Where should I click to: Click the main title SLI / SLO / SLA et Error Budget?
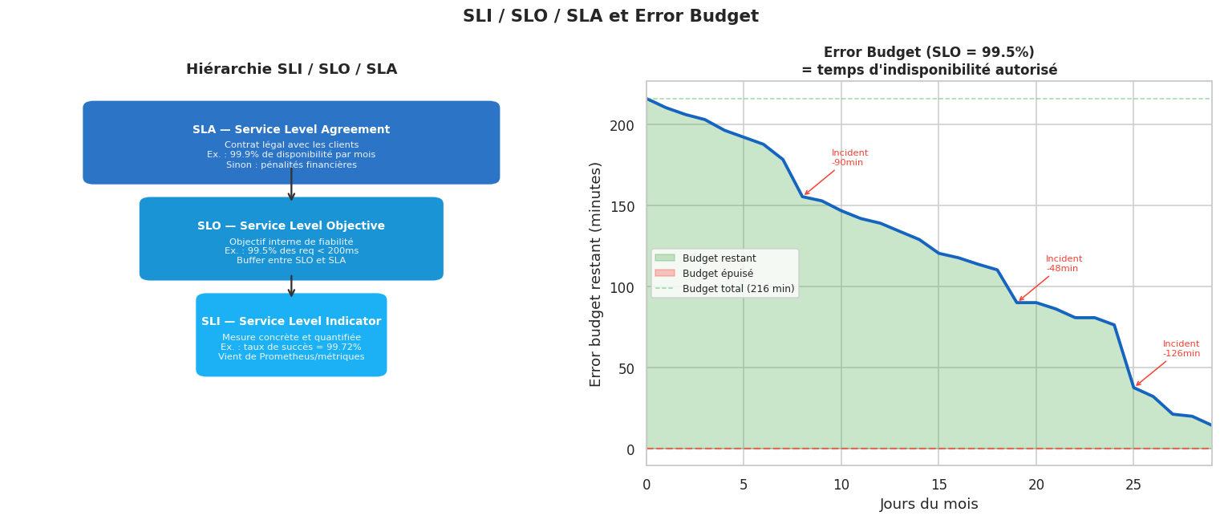click(x=610, y=17)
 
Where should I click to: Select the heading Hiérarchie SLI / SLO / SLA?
click(x=291, y=70)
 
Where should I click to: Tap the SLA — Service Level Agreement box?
click(x=291, y=142)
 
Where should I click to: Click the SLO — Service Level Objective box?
click(x=291, y=238)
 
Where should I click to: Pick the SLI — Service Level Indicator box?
click(x=291, y=335)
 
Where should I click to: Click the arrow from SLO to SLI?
click(x=291, y=286)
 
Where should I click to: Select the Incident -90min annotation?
click(x=849, y=157)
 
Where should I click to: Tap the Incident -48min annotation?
click(x=1064, y=263)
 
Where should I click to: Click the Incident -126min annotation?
click(x=1181, y=348)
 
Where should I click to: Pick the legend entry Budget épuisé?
click(x=717, y=274)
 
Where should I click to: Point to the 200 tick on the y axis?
click(x=622, y=125)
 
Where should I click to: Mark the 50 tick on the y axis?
click(x=626, y=368)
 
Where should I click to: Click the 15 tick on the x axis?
click(x=938, y=485)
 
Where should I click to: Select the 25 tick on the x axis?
click(x=1133, y=485)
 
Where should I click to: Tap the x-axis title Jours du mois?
click(x=929, y=504)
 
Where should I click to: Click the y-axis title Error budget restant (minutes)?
click(x=596, y=274)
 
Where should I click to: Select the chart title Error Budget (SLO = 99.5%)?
click(x=929, y=53)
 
